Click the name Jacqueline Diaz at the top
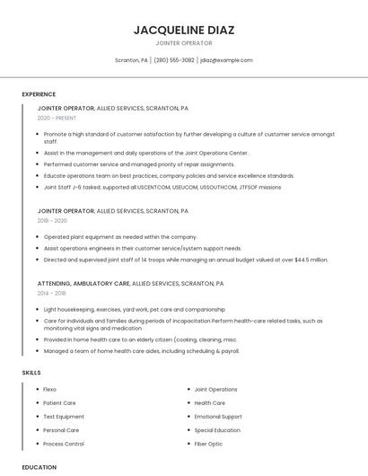click(184, 30)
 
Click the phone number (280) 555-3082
click(174, 60)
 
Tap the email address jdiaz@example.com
click(226, 60)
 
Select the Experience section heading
click(39, 94)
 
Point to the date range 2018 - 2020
click(52, 221)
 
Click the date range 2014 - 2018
click(51, 294)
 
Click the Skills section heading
click(31, 372)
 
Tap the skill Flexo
click(49, 390)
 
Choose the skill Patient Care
click(59, 403)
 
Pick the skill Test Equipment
click(64, 417)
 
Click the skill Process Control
click(64, 444)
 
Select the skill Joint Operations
click(215, 390)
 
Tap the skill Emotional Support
click(218, 417)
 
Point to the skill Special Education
click(217, 430)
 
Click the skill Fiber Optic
click(208, 444)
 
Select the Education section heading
click(39, 467)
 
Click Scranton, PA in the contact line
click(131, 60)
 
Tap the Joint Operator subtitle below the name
click(184, 43)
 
